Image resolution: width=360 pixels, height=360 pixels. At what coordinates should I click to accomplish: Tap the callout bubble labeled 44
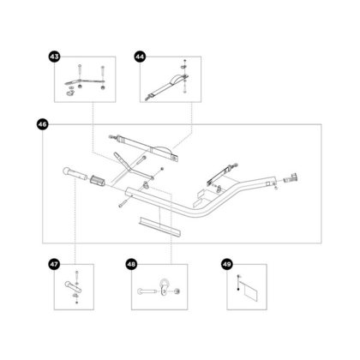pos(140,56)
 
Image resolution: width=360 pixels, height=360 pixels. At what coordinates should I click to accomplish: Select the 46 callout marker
pos(43,125)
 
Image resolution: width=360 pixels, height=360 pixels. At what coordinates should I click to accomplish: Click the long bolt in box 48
pos(146,292)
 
